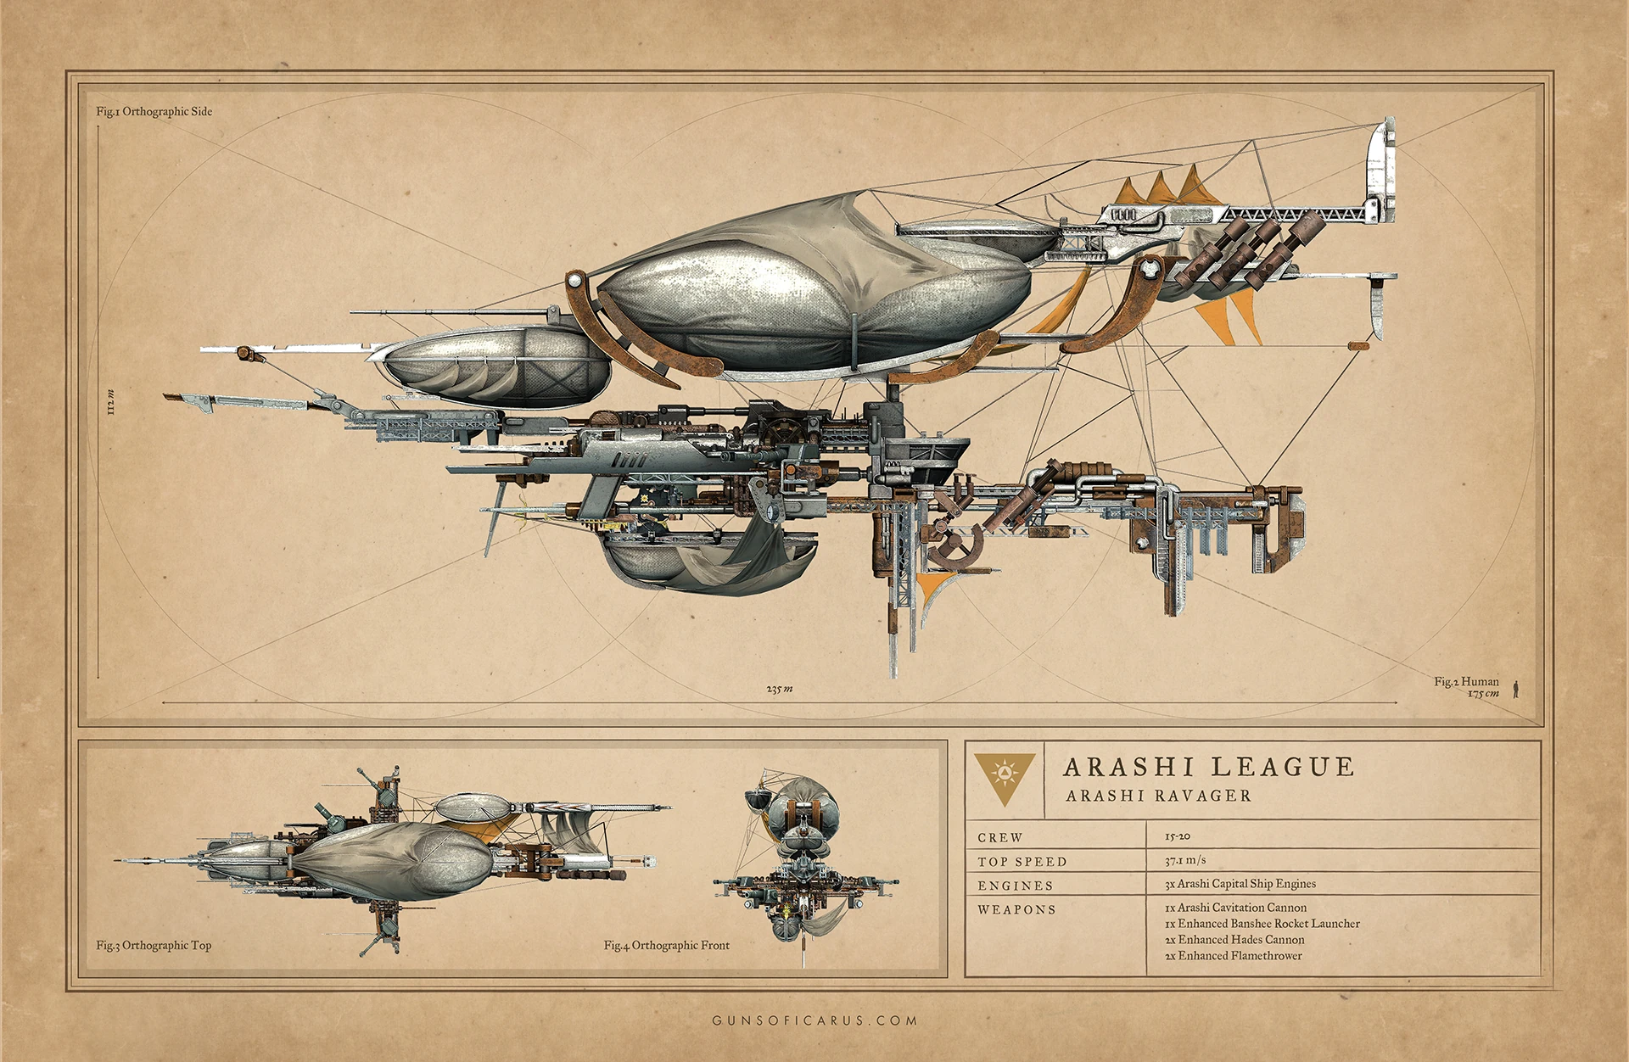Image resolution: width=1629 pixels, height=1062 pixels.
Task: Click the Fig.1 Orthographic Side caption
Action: point(154,111)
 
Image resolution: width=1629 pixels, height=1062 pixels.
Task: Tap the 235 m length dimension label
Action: point(779,689)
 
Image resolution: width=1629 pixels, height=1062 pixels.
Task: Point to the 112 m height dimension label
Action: point(110,402)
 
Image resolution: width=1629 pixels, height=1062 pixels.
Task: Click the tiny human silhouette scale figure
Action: point(1515,689)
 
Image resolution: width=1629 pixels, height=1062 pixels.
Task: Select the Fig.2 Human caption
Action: point(1466,681)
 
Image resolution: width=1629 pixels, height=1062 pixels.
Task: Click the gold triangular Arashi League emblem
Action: point(1004,777)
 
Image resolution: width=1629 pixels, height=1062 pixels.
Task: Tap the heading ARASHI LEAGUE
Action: point(1208,767)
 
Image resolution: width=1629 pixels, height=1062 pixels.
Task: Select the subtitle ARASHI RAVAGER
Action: point(1158,796)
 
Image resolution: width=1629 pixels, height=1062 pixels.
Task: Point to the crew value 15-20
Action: point(1177,836)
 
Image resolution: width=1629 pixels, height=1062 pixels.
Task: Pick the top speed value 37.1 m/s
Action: point(1184,860)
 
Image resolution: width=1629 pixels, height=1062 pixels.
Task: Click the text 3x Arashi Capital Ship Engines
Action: point(1240,884)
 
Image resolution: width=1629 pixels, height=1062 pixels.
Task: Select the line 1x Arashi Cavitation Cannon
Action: point(1235,908)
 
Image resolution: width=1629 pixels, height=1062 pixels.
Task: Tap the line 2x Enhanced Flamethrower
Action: point(1233,956)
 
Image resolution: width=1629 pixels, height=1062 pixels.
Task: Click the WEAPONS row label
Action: point(1016,909)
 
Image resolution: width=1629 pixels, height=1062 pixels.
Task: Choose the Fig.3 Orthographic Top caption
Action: point(154,945)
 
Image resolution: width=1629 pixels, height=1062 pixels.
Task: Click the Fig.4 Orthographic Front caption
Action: point(666,945)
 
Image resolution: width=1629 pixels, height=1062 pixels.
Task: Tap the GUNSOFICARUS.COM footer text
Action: point(814,1020)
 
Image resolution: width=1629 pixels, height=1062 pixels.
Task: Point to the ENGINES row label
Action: point(1015,886)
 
